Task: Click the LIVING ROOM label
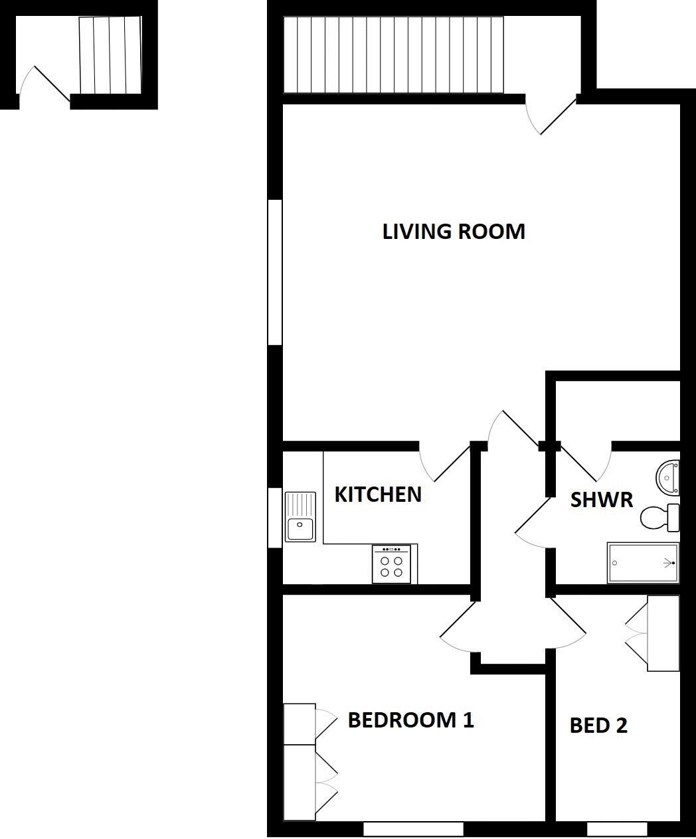pos(454,232)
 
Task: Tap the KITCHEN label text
pos(377,495)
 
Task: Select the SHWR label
pos(602,500)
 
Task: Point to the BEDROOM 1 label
pos(410,720)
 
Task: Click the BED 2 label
pos(598,725)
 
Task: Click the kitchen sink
pos(301,516)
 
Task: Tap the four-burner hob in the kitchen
pos(391,564)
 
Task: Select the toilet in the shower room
pos(659,517)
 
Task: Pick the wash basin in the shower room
pos(668,476)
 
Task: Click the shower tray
pos(643,564)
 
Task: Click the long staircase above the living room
pos(394,55)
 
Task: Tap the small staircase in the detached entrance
pos(110,55)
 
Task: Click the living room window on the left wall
pos(275,272)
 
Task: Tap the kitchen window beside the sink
pos(275,518)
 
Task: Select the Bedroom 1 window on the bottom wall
pos(413,828)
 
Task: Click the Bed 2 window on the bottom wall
pos(617,828)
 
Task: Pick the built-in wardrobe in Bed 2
pos(663,633)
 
